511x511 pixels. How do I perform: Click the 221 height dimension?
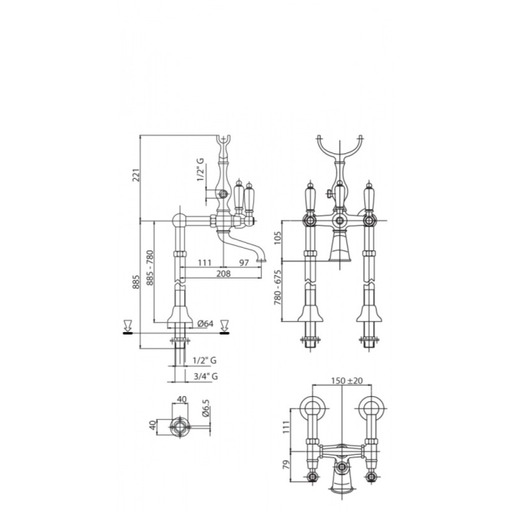137,174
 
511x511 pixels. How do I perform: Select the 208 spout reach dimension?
223,273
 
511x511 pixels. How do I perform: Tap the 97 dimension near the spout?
244,263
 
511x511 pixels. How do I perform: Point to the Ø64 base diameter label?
205,323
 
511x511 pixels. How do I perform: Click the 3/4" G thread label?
206,376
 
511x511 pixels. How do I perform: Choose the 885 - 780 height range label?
149,268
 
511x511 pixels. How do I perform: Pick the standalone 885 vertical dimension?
136,282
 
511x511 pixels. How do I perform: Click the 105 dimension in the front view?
277,238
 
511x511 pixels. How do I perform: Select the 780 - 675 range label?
277,287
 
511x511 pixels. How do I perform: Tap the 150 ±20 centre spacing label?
347,381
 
